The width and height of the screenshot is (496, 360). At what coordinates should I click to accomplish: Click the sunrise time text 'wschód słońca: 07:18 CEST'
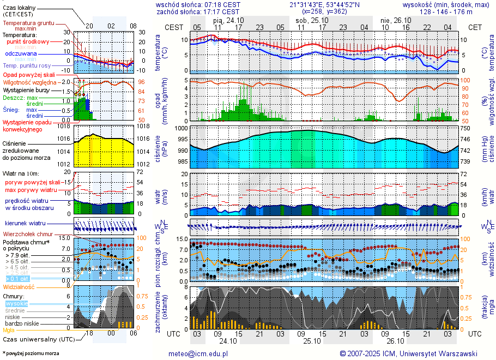[x=198, y=4]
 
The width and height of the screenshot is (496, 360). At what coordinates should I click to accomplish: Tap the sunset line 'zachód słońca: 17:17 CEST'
[x=198, y=11]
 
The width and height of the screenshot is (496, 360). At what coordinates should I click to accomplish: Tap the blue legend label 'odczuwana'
[x=21, y=54]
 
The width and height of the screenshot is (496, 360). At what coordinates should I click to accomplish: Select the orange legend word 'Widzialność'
[x=19, y=286]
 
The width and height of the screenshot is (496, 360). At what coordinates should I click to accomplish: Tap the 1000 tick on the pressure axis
[x=182, y=128]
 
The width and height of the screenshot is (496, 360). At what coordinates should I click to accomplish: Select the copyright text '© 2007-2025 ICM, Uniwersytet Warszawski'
[x=408, y=353]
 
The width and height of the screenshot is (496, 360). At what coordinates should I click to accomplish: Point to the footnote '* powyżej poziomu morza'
[x=31, y=353]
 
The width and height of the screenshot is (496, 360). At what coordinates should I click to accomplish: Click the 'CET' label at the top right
[x=475, y=27]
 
